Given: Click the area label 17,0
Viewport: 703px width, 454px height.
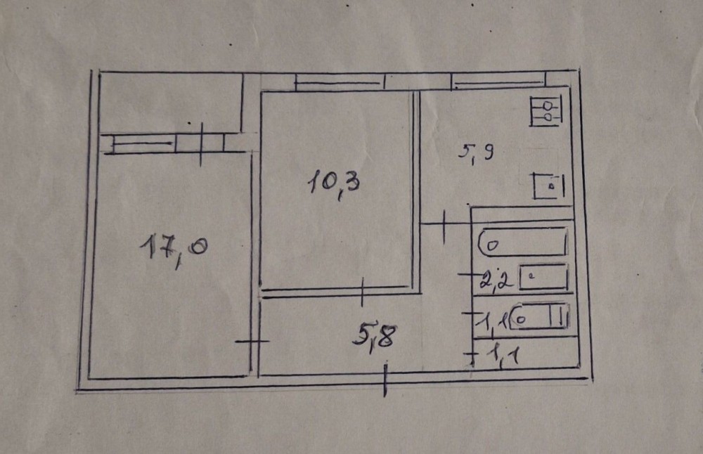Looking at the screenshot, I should (172, 251).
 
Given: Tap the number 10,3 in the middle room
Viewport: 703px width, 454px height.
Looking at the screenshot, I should (333, 186).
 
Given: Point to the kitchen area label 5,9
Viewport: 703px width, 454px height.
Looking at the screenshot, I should (478, 152).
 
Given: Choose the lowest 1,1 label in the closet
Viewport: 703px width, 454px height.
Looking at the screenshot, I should (504, 356).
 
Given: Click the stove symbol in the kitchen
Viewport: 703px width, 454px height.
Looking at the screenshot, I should (546, 112).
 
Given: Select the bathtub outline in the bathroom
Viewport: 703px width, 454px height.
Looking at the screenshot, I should (523, 241).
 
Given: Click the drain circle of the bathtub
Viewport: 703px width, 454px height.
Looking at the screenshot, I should (491, 246).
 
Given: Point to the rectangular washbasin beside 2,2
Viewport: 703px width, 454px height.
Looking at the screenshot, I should (543, 277).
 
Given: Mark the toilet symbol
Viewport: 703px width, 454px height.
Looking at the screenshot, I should (540, 317).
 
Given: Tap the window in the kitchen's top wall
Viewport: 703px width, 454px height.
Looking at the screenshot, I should (498, 80).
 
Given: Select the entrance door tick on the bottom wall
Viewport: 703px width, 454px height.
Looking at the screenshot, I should (386, 380).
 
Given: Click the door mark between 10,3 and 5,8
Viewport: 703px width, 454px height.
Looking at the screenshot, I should (361, 290).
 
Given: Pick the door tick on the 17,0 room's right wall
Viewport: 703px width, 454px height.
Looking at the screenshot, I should (252, 342).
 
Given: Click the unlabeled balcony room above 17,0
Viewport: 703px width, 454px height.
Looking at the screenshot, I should (169, 103).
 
